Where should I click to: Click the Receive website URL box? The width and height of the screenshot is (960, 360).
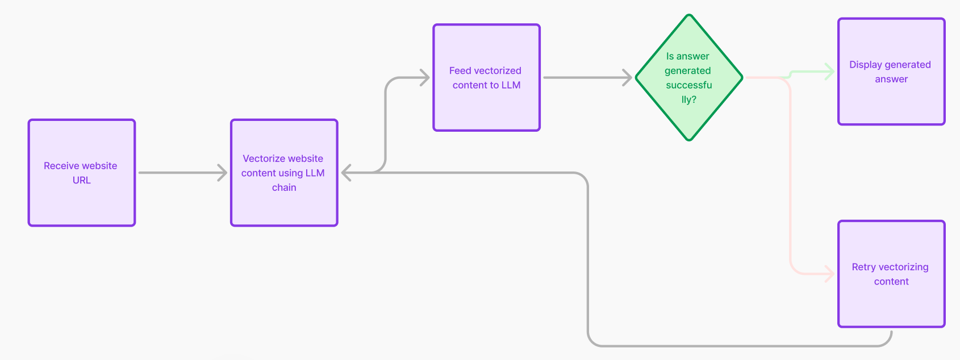(82, 173)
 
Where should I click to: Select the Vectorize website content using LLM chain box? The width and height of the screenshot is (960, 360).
(284, 173)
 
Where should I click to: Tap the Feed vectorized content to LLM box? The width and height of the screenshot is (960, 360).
(486, 77)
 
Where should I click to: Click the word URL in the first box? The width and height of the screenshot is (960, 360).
(82, 180)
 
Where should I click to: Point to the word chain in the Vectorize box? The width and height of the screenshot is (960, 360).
(284, 187)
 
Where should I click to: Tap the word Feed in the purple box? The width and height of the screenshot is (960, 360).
(460, 70)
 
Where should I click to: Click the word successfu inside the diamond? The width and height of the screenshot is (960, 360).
(688, 85)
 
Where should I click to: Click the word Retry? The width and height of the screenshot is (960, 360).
(863, 267)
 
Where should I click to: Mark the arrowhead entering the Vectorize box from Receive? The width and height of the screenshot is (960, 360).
(223, 173)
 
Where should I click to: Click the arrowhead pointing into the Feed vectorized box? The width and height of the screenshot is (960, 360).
(425, 77)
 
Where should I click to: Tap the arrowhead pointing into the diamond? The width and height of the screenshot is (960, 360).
(628, 77)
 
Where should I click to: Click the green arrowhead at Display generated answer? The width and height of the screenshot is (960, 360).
(830, 72)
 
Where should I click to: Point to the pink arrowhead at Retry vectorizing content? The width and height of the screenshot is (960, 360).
(830, 274)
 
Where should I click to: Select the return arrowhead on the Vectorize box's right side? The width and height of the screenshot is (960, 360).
(346, 173)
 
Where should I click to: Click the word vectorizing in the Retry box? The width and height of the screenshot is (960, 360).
(903, 267)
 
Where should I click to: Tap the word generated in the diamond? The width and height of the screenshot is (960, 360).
(687, 70)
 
